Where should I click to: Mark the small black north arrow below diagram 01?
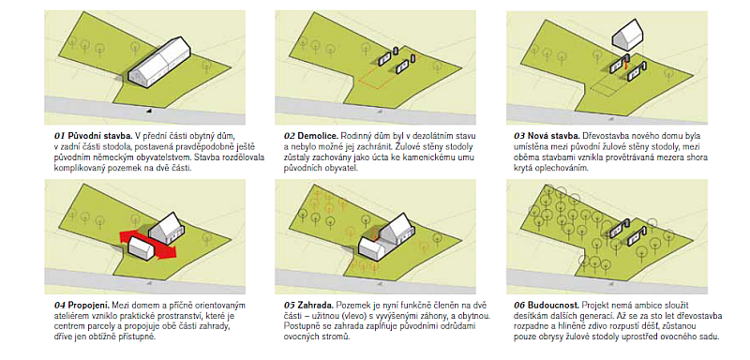point(149,111)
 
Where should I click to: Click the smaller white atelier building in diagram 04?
point(142,248)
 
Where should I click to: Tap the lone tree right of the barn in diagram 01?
point(206,67)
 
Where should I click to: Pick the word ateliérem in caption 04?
point(68,317)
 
